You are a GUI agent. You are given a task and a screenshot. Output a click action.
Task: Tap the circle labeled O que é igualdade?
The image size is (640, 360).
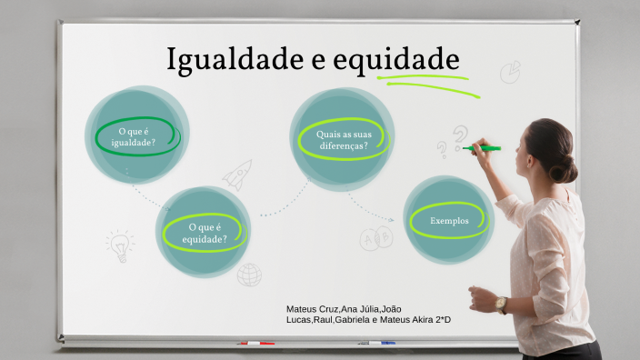click(136, 135)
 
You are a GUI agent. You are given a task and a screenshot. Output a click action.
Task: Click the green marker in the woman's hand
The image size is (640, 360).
click(485, 147)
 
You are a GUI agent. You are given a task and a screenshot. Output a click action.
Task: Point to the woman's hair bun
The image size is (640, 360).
click(565, 168)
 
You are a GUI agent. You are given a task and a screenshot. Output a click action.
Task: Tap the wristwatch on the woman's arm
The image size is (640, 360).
click(502, 304)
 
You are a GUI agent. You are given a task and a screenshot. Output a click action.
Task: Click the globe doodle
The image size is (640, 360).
click(249, 274)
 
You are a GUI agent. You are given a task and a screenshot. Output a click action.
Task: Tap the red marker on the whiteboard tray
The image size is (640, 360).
click(255, 344)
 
